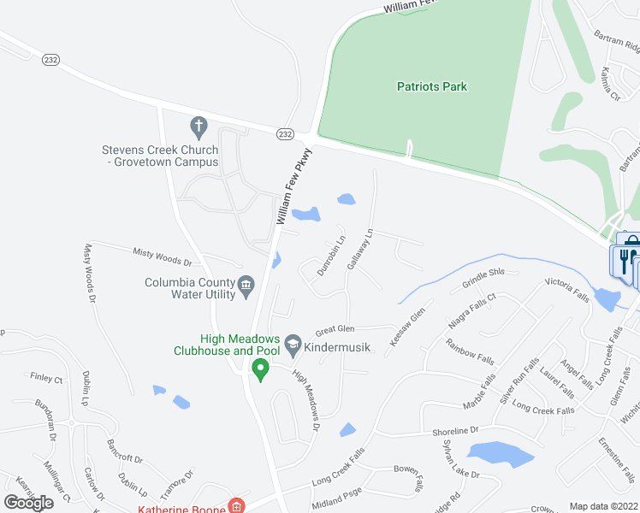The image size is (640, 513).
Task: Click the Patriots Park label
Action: click(x=432, y=86)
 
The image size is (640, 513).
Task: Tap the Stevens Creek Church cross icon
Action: click(x=199, y=128)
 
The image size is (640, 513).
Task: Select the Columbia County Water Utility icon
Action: click(x=246, y=284)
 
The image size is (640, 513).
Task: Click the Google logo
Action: click(x=29, y=503)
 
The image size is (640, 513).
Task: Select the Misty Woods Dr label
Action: click(x=163, y=254)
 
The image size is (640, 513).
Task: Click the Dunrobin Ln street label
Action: click(x=332, y=254)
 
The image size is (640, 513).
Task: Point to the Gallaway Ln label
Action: click(x=361, y=249)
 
